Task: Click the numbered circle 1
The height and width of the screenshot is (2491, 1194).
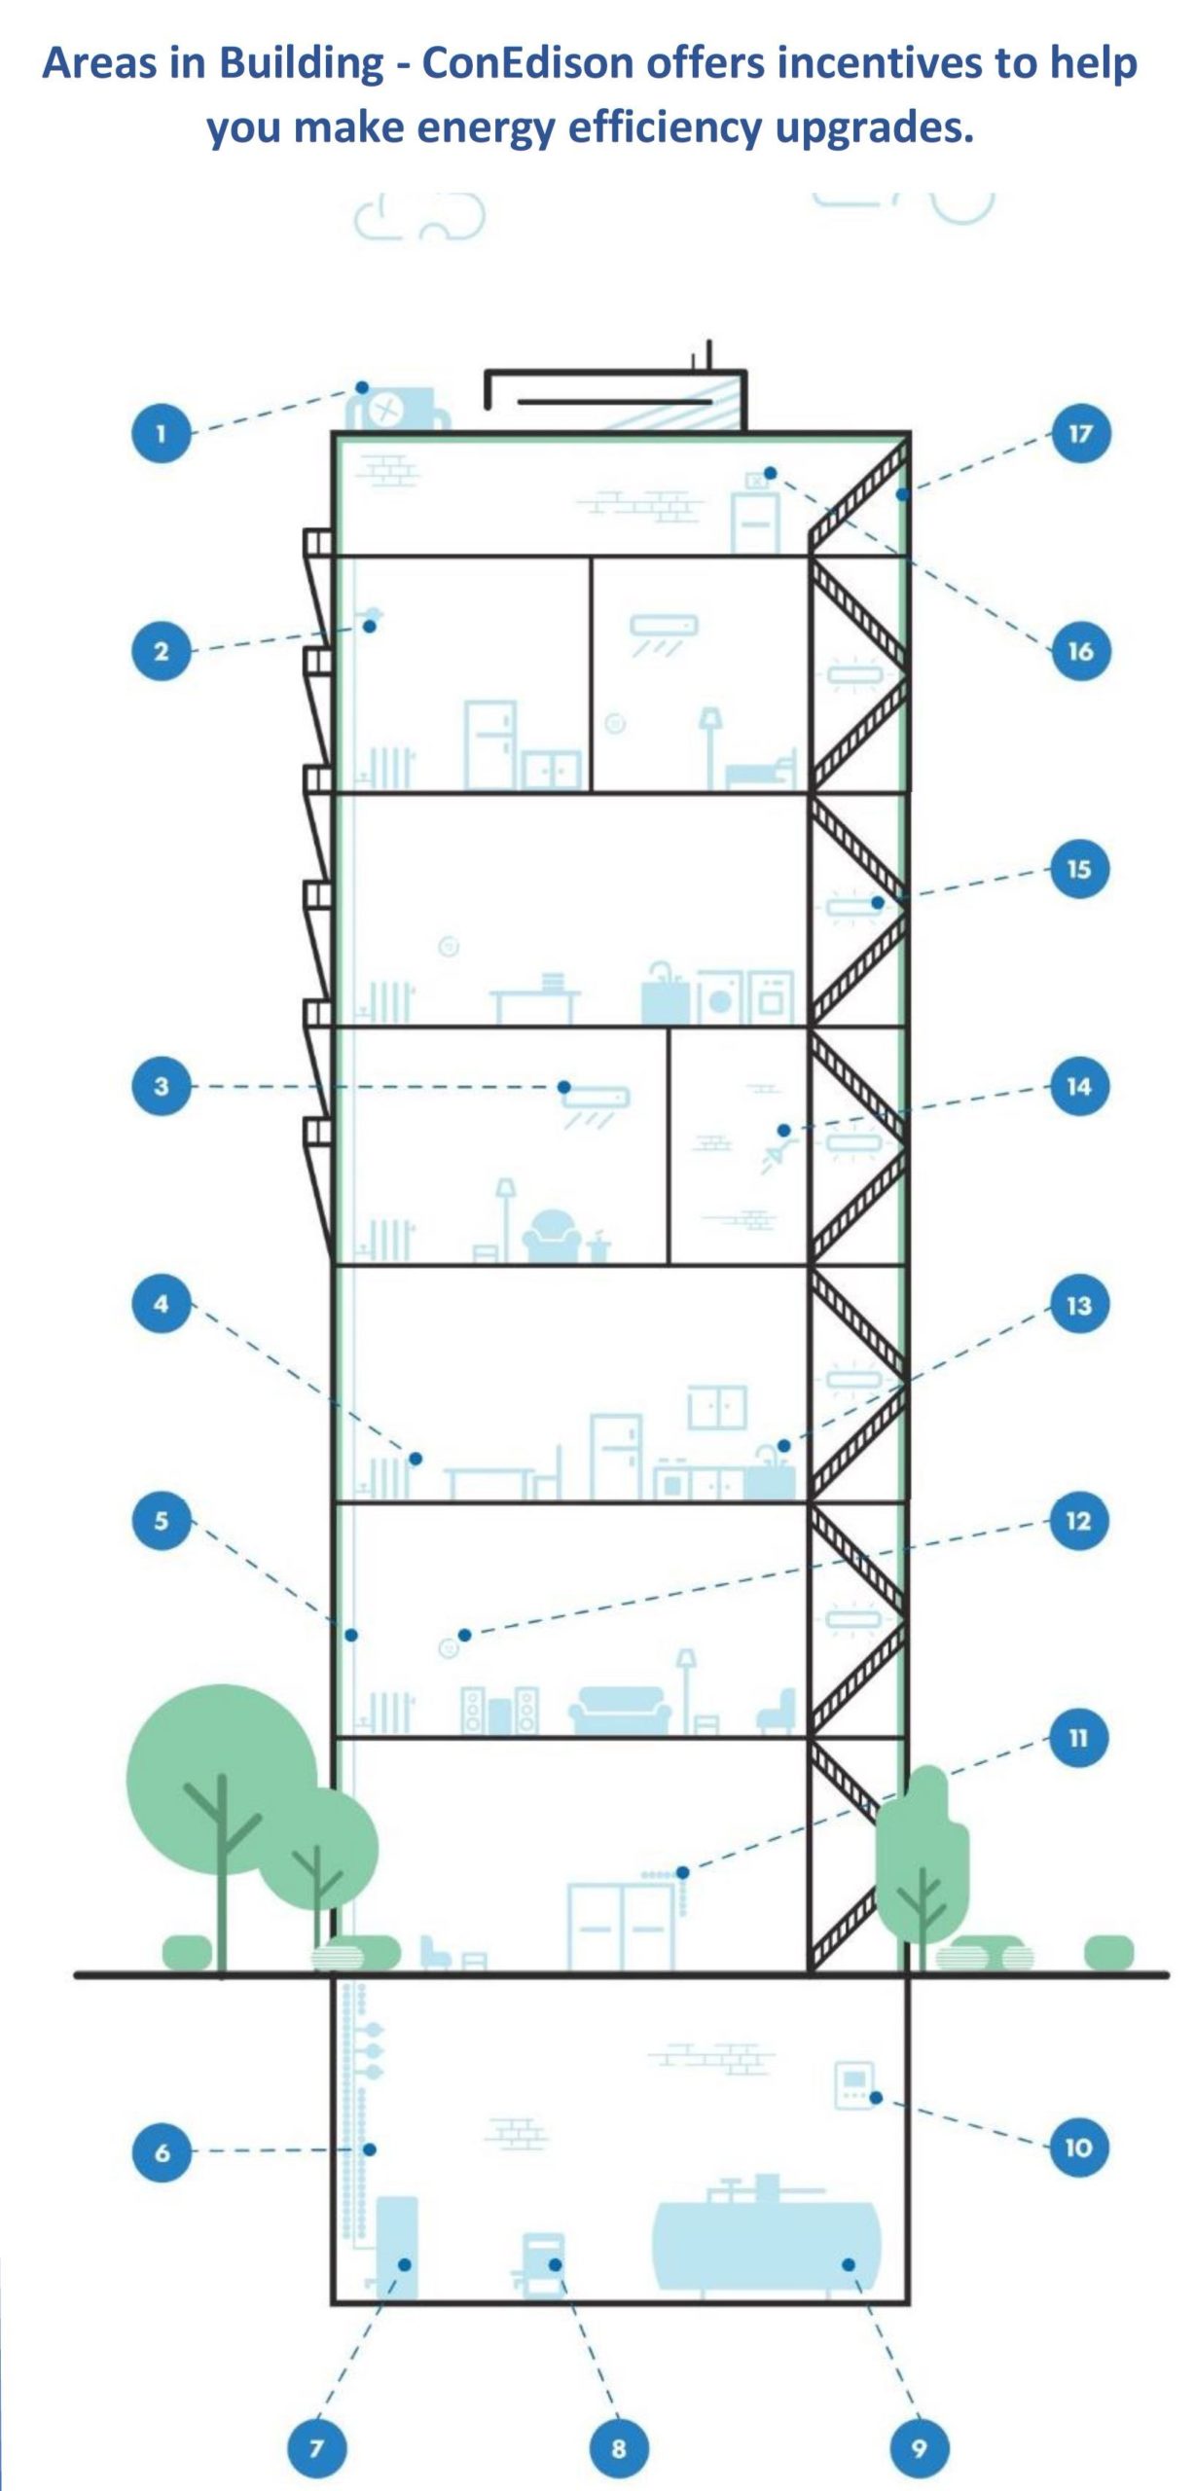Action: tap(161, 433)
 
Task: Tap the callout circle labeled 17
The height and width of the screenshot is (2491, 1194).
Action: tap(1079, 433)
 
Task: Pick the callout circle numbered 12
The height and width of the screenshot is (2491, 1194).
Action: tap(1078, 1521)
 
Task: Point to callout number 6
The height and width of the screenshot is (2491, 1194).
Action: tap(162, 2150)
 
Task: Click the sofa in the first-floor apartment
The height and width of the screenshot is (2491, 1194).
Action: tap(620, 1710)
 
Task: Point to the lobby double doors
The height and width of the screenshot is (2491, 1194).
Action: tap(621, 1927)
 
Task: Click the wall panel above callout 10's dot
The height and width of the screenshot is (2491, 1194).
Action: tap(852, 2084)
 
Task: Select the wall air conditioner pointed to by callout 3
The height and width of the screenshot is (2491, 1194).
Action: tap(596, 1099)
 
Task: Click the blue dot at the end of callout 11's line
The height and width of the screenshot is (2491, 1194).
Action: tap(682, 1872)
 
